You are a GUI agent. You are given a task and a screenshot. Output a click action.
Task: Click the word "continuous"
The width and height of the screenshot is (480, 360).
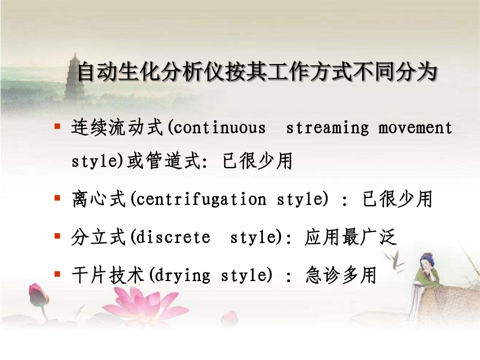click(219, 127)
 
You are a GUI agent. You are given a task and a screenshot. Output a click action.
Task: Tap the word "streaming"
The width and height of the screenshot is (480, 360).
click(327, 128)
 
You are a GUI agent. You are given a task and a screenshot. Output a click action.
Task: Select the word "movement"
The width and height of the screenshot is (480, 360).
click(415, 127)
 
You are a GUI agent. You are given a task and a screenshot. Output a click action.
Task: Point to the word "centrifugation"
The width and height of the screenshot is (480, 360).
click(201, 199)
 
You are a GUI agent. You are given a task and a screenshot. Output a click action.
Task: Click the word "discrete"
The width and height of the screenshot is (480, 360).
click(173, 237)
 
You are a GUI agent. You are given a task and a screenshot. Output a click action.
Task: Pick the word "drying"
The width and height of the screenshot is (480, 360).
click(182, 275)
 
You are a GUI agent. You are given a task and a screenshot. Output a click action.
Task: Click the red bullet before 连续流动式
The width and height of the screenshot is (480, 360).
click(57, 126)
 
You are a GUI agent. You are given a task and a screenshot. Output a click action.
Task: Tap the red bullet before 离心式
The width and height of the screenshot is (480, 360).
click(57, 198)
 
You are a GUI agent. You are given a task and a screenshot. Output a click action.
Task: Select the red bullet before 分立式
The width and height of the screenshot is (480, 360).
click(57, 236)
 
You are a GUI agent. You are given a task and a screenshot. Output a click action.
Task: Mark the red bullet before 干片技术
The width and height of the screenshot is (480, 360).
click(57, 274)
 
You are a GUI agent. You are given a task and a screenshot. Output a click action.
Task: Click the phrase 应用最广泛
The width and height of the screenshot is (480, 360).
click(351, 237)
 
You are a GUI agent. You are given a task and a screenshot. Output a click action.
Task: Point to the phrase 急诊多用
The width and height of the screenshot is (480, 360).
click(341, 275)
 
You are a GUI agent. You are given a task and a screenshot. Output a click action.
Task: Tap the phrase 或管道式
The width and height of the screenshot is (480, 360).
click(164, 161)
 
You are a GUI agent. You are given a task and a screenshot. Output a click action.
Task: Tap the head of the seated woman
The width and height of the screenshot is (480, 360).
click(427, 260)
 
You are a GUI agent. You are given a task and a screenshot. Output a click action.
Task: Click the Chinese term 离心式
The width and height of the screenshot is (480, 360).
click(99, 199)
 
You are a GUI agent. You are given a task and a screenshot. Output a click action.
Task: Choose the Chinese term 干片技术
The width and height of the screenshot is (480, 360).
click(108, 275)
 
